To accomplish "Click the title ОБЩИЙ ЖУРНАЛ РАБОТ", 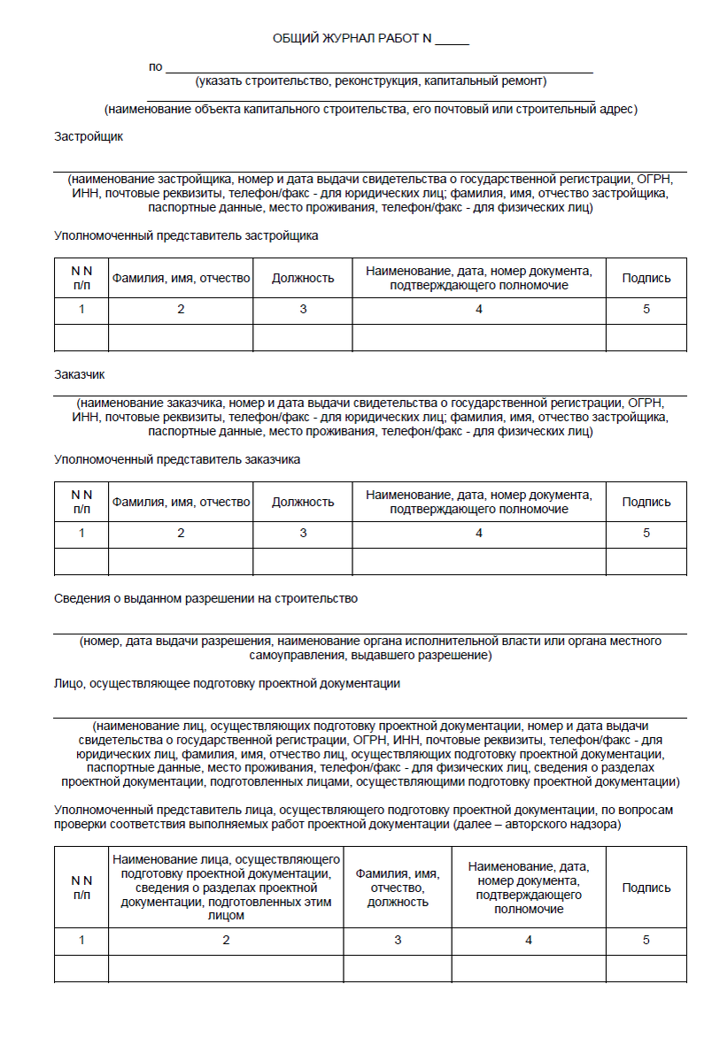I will pyautogui.click(x=352, y=39).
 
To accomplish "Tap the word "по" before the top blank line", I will pyautogui.click(x=156, y=67).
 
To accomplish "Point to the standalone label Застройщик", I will pyautogui.click(x=89, y=137).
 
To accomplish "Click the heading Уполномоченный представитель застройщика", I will pyautogui.click(x=186, y=236).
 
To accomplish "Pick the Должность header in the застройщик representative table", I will pyautogui.click(x=303, y=279).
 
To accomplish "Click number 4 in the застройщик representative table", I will pyautogui.click(x=479, y=310).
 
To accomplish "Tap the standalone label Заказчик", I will pyautogui.click(x=80, y=375).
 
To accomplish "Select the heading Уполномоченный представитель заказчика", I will pyautogui.click(x=177, y=460).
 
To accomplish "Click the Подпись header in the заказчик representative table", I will pyautogui.click(x=646, y=503).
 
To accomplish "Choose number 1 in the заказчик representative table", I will pyautogui.click(x=81, y=534).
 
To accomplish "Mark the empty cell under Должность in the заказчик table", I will pyautogui.click(x=303, y=562).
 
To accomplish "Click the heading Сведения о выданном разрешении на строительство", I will pyautogui.click(x=205, y=599).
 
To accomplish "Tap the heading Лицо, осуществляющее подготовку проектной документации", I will pyautogui.click(x=228, y=684).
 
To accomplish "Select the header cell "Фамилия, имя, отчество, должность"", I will pyautogui.click(x=399, y=888).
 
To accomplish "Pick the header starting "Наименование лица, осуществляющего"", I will pyautogui.click(x=226, y=888).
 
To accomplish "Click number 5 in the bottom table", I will pyautogui.click(x=646, y=941).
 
